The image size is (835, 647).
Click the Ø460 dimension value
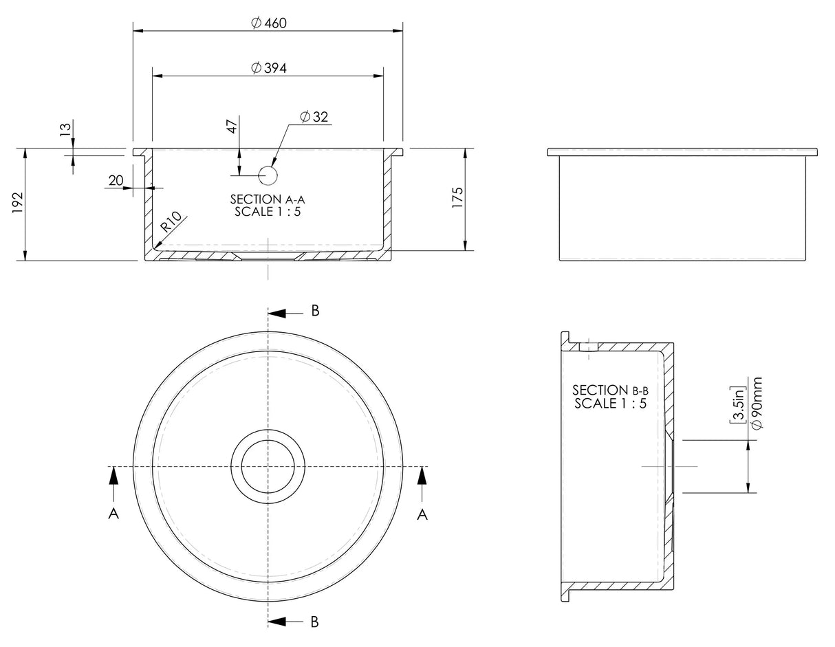click(x=268, y=23)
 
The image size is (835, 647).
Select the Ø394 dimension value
click(x=268, y=68)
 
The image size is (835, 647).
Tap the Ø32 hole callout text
click(x=314, y=117)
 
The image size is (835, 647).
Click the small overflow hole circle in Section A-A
click(x=268, y=176)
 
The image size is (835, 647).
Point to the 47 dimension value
click(x=232, y=126)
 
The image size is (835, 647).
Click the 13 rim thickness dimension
click(x=66, y=129)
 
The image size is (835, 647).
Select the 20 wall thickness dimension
click(x=116, y=180)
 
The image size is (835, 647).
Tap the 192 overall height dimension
click(x=19, y=204)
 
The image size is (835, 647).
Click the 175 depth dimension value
click(x=458, y=197)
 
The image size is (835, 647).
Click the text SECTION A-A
click(x=267, y=199)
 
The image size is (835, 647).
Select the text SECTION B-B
click(x=610, y=391)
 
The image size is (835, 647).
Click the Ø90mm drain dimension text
click(x=757, y=404)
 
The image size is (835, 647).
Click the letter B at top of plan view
click(x=315, y=311)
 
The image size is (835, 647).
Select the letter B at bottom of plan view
click(x=314, y=622)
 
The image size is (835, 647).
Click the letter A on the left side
click(x=113, y=514)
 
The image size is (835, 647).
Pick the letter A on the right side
click(x=422, y=514)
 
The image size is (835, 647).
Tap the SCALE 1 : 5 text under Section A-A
click(x=267, y=212)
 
